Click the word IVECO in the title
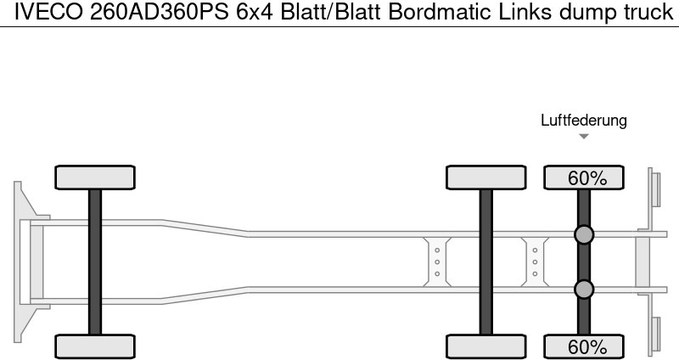tap(48, 12)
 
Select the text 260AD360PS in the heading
tap(160, 12)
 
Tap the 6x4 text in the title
tap(255, 12)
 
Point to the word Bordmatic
tap(440, 12)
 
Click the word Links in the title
tap(525, 12)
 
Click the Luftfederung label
tap(584, 121)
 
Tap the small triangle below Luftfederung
tap(584, 137)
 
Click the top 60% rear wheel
tap(584, 177)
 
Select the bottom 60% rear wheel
tap(584, 346)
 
